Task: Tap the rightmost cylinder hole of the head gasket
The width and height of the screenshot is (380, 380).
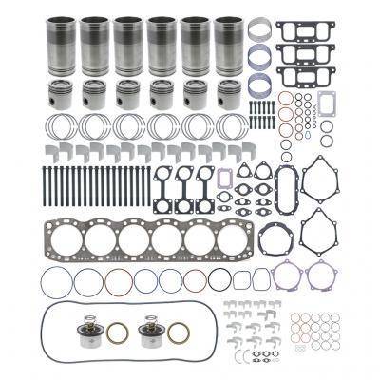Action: [x=233, y=237]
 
